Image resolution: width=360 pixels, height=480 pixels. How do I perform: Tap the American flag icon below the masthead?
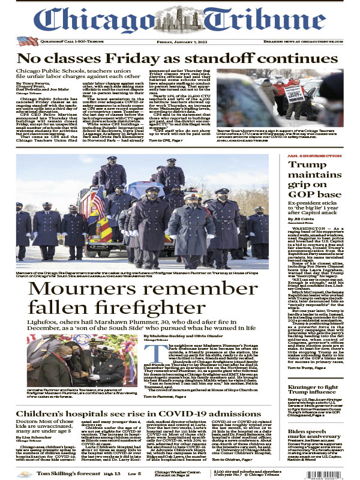click(x=28, y=41)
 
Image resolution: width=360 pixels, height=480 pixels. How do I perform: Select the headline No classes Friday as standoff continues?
click(x=176, y=59)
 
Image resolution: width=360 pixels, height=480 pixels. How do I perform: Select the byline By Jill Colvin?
click(x=302, y=220)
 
